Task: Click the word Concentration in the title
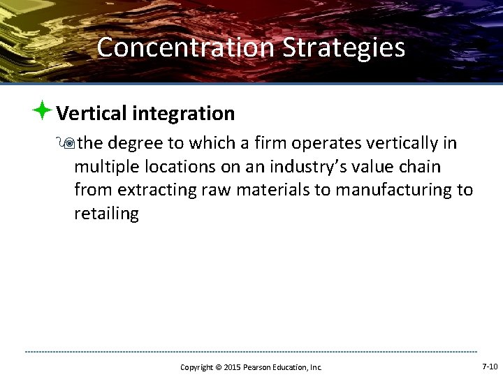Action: [x=186, y=47]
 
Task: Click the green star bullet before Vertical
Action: [x=42, y=110]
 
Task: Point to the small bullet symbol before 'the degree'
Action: [x=68, y=144]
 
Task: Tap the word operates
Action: [x=328, y=144]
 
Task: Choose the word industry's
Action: [x=303, y=167]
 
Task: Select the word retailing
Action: [x=106, y=214]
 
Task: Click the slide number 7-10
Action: [x=490, y=367]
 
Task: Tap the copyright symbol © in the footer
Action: [x=217, y=367]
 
